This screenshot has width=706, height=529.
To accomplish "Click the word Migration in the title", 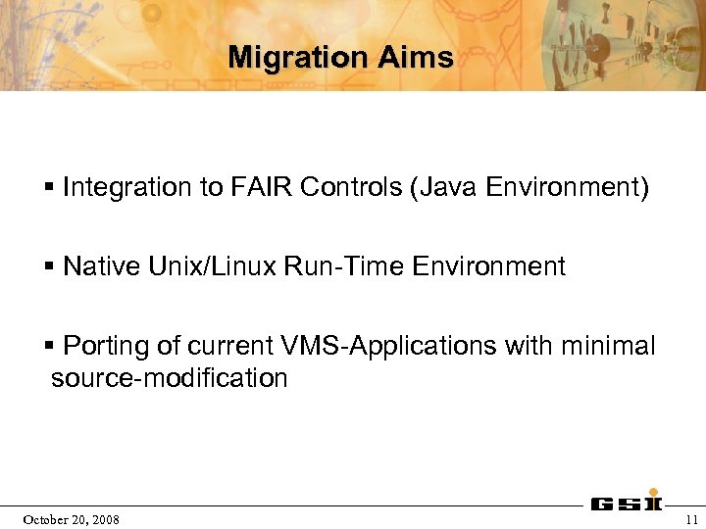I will click(284, 58).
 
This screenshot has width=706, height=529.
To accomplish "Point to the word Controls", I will click(348, 187).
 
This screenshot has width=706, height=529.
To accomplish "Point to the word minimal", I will click(607, 347).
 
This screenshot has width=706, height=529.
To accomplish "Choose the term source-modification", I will click(169, 378).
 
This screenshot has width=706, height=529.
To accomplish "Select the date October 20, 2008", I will click(72, 519).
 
